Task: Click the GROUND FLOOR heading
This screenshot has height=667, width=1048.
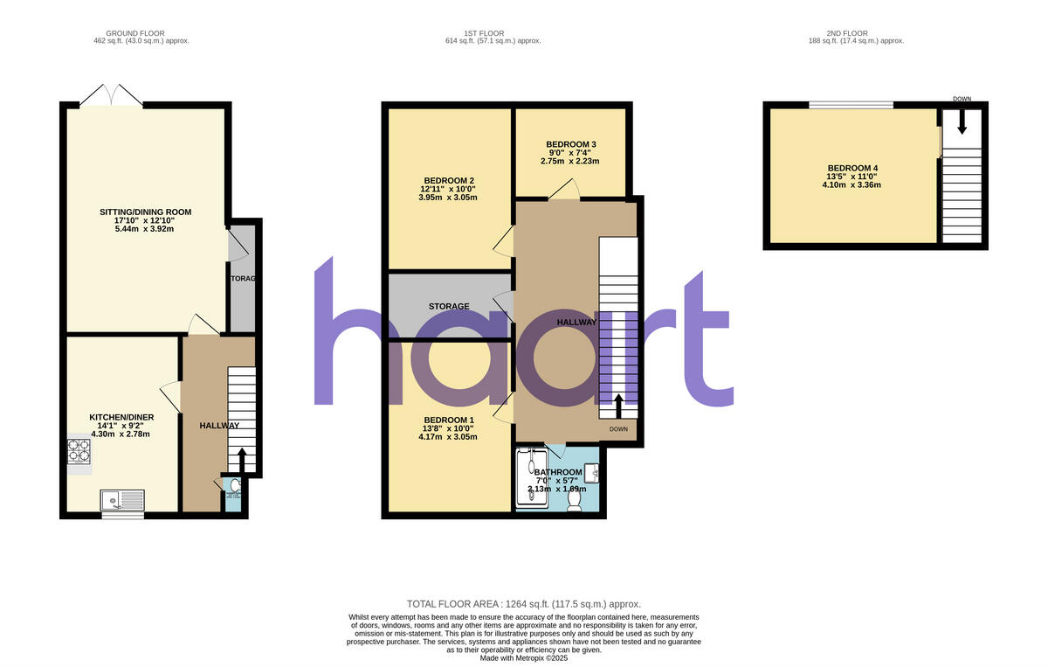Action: tap(141, 33)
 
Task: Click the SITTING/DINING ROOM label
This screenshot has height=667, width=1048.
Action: tap(147, 212)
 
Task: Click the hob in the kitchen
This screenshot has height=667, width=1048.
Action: tap(79, 451)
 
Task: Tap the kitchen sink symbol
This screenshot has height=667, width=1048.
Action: tap(122, 499)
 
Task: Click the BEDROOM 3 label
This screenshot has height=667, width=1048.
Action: tap(571, 144)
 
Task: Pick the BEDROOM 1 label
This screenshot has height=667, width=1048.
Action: tap(447, 420)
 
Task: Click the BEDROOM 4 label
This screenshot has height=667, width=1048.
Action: tap(854, 168)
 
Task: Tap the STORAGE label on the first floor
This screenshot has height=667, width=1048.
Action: tap(449, 306)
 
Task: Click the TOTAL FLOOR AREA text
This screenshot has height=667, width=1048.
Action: tap(524, 604)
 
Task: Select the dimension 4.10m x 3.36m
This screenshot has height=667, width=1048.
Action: tap(854, 184)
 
